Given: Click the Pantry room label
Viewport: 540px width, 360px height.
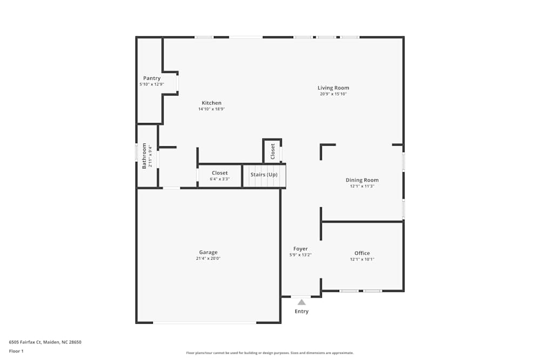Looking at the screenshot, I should click(x=152, y=78).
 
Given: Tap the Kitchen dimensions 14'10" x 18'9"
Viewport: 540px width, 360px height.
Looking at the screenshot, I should click(x=212, y=109).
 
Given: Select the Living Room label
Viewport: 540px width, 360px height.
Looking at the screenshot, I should click(x=333, y=88).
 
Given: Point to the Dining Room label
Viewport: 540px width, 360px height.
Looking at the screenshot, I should click(x=362, y=180).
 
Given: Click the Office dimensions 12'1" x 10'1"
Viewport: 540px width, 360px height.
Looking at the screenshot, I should click(x=362, y=259).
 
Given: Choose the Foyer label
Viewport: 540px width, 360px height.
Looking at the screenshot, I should click(x=300, y=249).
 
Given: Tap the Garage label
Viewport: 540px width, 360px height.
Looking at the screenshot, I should click(x=208, y=252).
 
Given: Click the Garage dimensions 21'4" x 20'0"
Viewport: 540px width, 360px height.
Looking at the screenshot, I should click(x=208, y=259).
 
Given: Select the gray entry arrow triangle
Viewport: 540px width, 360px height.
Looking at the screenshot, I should click(x=301, y=302).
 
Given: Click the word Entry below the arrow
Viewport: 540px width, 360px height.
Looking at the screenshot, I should click(x=301, y=311).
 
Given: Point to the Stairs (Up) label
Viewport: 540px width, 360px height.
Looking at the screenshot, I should click(x=264, y=175).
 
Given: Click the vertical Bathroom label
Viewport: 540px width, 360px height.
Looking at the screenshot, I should click(x=144, y=156).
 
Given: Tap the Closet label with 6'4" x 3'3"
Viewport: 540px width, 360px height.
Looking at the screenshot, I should click(x=220, y=173).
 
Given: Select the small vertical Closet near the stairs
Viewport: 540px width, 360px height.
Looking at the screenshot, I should click(x=273, y=151).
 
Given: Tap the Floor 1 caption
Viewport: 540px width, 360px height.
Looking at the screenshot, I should click(x=16, y=351).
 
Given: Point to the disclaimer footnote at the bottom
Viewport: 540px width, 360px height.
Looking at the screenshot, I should click(x=270, y=353).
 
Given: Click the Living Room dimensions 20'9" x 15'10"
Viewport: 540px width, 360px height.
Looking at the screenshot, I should click(x=333, y=94).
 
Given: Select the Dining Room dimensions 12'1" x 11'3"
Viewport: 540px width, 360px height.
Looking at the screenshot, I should click(x=362, y=186).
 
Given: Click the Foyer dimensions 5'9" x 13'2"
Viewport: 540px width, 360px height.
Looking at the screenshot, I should click(x=300, y=255).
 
